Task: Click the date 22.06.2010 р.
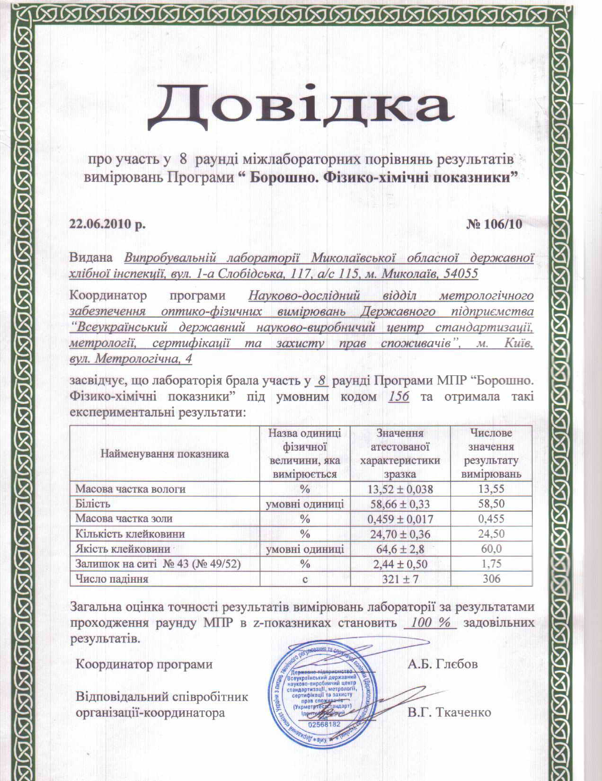(x=107, y=224)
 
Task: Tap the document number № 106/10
(x=495, y=224)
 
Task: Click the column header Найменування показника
(x=164, y=454)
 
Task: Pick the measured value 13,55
(x=492, y=489)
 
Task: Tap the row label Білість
(x=93, y=504)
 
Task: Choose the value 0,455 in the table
(x=492, y=519)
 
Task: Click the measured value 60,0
(x=492, y=549)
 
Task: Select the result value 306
(x=492, y=579)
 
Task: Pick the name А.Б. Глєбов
(x=443, y=664)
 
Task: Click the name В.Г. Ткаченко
(x=449, y=712)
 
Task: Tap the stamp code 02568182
(x=324, y=725)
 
